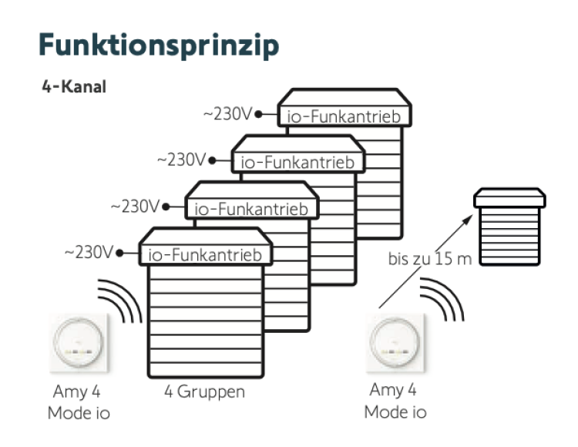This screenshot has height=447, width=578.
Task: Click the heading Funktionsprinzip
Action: point(160,45)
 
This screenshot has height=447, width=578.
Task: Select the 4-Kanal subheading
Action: point(75,86)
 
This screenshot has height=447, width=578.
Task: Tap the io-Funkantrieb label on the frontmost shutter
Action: point(206,254)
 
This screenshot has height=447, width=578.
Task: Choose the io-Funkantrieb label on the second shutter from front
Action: point(252,208)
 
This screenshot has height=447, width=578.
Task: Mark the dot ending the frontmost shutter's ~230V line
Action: point(120,252)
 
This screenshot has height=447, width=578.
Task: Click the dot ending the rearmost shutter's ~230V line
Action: point(259,114)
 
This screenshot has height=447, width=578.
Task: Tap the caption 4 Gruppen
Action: point(204,392)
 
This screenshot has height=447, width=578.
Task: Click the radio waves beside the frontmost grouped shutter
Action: point(121,300)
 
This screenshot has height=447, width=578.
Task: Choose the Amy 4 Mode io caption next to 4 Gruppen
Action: point(79,402)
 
